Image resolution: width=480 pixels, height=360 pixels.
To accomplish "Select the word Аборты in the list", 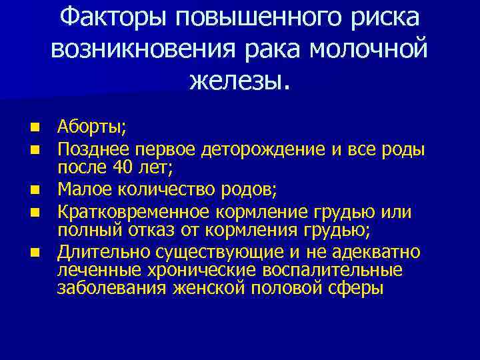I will (83, 126).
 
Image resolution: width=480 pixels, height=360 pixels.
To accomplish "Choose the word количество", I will (169, 190).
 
